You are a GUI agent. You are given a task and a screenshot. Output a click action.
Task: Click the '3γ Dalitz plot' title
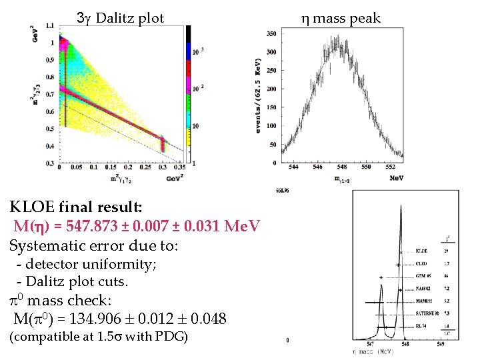click(x=121, y=18)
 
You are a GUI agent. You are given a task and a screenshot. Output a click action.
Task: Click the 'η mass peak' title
click(x=341, y=18)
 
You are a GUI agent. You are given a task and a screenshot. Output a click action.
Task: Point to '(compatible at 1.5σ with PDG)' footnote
click(x=99, y=337)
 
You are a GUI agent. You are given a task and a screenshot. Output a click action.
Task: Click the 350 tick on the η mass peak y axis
click(x=271, y=33)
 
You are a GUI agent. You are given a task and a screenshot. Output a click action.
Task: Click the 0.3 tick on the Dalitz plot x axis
click(x=162, y=169)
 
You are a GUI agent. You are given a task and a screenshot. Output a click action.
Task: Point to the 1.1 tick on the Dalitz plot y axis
click(x=51, y=25)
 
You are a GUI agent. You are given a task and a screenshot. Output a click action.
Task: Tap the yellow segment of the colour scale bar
click(x=189, y=143)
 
